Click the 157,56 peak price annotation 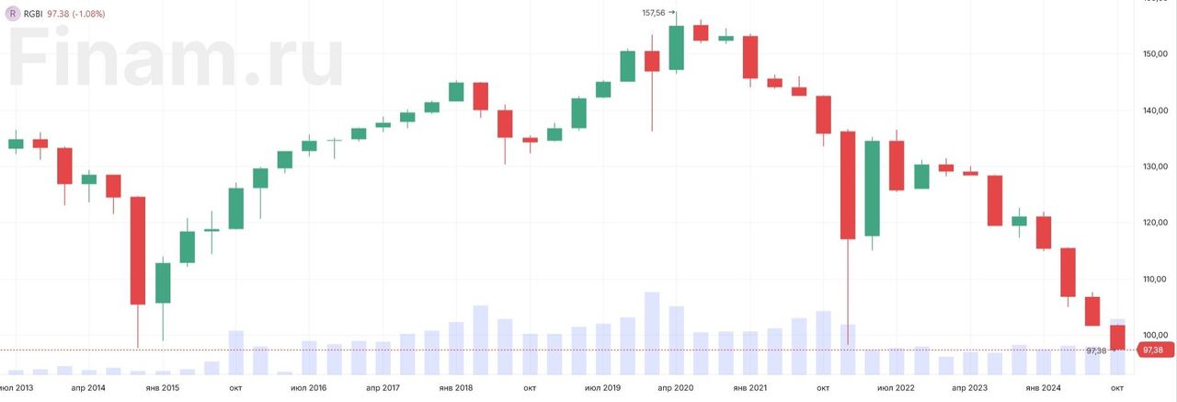click(656, 13)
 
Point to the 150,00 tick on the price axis click(1155, 54)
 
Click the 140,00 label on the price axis click(1155, 110)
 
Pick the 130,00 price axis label click(1155, 167)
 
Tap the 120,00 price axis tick click(1155, 223)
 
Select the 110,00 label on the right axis click(1155, 279)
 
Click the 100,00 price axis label click(1155, 335)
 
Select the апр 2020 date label click(676, 388)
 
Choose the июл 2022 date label click(896, 388)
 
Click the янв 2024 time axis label click(1043, 388)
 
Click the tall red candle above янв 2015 click(138, 250)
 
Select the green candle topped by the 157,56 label click(677, 48)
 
